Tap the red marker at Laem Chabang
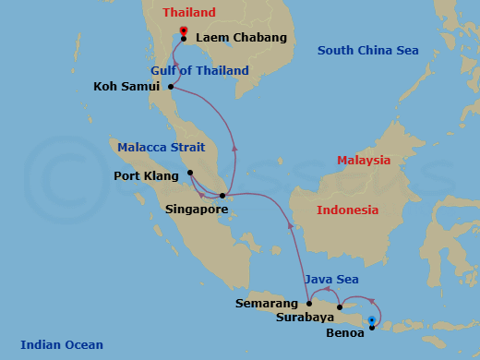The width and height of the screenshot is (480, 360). (x=184, y=31)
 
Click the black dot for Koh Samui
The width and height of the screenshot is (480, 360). (x=172, y=88)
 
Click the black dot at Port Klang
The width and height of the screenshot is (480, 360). (x=189, y=173)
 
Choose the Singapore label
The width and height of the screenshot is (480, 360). (x=197, y=210)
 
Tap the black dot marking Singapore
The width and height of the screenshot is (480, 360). (x=222, y=196)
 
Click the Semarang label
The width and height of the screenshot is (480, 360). (x=267, y=303)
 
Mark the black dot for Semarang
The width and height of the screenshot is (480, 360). (x=309, y=303)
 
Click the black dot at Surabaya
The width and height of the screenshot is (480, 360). (x=340, y=307)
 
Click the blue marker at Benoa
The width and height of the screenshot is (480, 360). (x=371, y=320)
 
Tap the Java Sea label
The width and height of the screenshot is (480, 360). (x=332, y=280)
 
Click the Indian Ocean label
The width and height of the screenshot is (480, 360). (x=62, y=345)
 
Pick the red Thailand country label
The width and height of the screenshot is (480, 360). (x=188, y=13)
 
